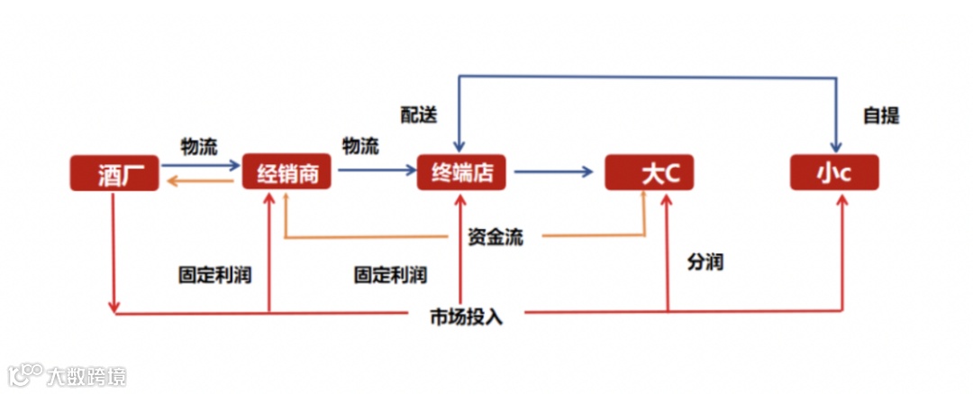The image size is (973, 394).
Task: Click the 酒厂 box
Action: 115,173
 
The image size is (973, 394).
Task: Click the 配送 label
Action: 419,115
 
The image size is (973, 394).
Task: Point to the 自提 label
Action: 880,115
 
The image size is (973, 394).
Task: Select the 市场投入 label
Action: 466,316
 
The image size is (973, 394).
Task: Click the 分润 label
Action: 705,262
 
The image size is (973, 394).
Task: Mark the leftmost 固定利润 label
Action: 214,274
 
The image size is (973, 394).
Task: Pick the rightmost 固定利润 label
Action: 390,274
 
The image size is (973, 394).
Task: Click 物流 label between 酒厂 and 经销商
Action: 199,146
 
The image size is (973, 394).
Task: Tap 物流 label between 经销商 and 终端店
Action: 360,146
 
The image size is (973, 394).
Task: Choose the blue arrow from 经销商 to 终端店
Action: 373,170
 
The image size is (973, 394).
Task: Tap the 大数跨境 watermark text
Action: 87,375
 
